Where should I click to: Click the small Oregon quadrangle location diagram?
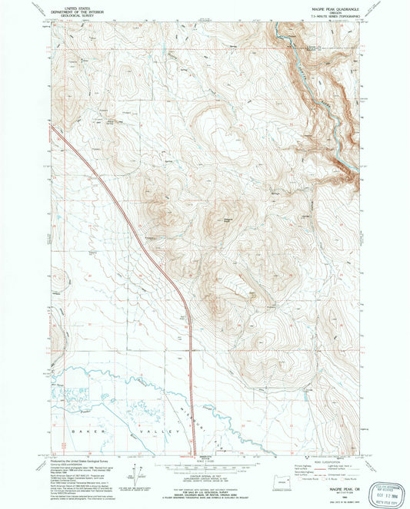coord(278,481)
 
